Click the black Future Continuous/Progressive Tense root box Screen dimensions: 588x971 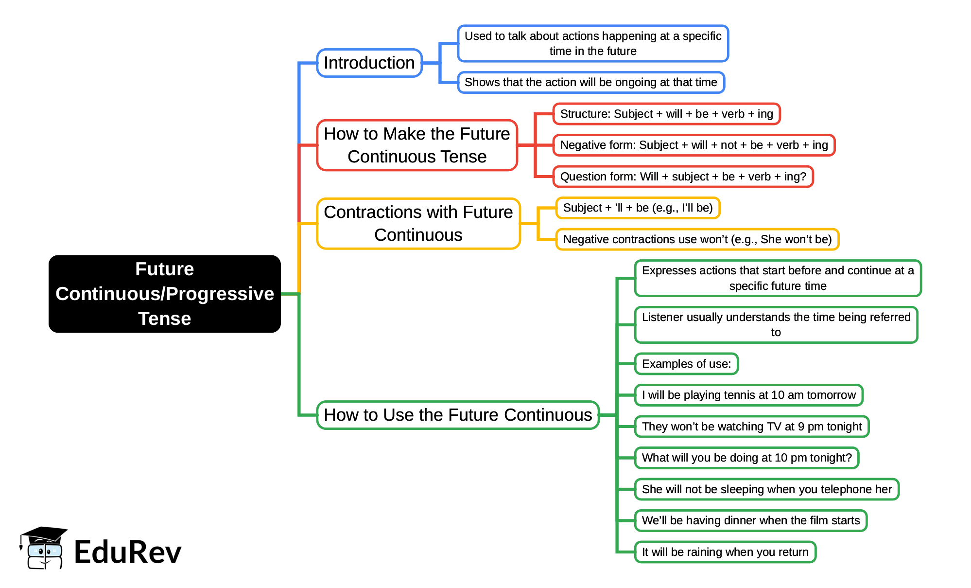click(x=164, y=294)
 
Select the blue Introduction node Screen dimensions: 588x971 click(x=369, y=63)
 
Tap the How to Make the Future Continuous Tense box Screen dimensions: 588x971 click(x=417, y=145)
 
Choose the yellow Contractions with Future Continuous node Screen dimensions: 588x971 click(x=418, y=223)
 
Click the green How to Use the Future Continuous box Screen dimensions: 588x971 click(x=457, y=415)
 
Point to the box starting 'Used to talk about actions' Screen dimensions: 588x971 click(x=593, y=43)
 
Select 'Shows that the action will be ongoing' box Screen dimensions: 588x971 click(x=590, y=82)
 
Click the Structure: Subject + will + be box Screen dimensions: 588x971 click(x=666, y=114)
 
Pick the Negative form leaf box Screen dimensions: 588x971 click(x=694, y=145)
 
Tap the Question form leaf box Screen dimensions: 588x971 click(x=683, y=177)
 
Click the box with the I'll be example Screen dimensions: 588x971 click(x=638, y=208)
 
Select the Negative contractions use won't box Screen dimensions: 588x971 click(x=697, y=239)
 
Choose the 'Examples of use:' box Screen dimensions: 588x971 click(x=686, y=364)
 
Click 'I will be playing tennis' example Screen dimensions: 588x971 click(x=748, y=395)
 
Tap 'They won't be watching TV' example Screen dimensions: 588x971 click(x=751, y=427)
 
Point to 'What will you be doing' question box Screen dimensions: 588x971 click(x=746, y=458)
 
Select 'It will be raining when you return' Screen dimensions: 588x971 click(x=725, y=552)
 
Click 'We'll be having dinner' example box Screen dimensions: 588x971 click(x=750, y=520)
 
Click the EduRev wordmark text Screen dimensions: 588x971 click(x=128, y=552)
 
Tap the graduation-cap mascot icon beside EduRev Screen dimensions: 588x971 click(x=44, y=548)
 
